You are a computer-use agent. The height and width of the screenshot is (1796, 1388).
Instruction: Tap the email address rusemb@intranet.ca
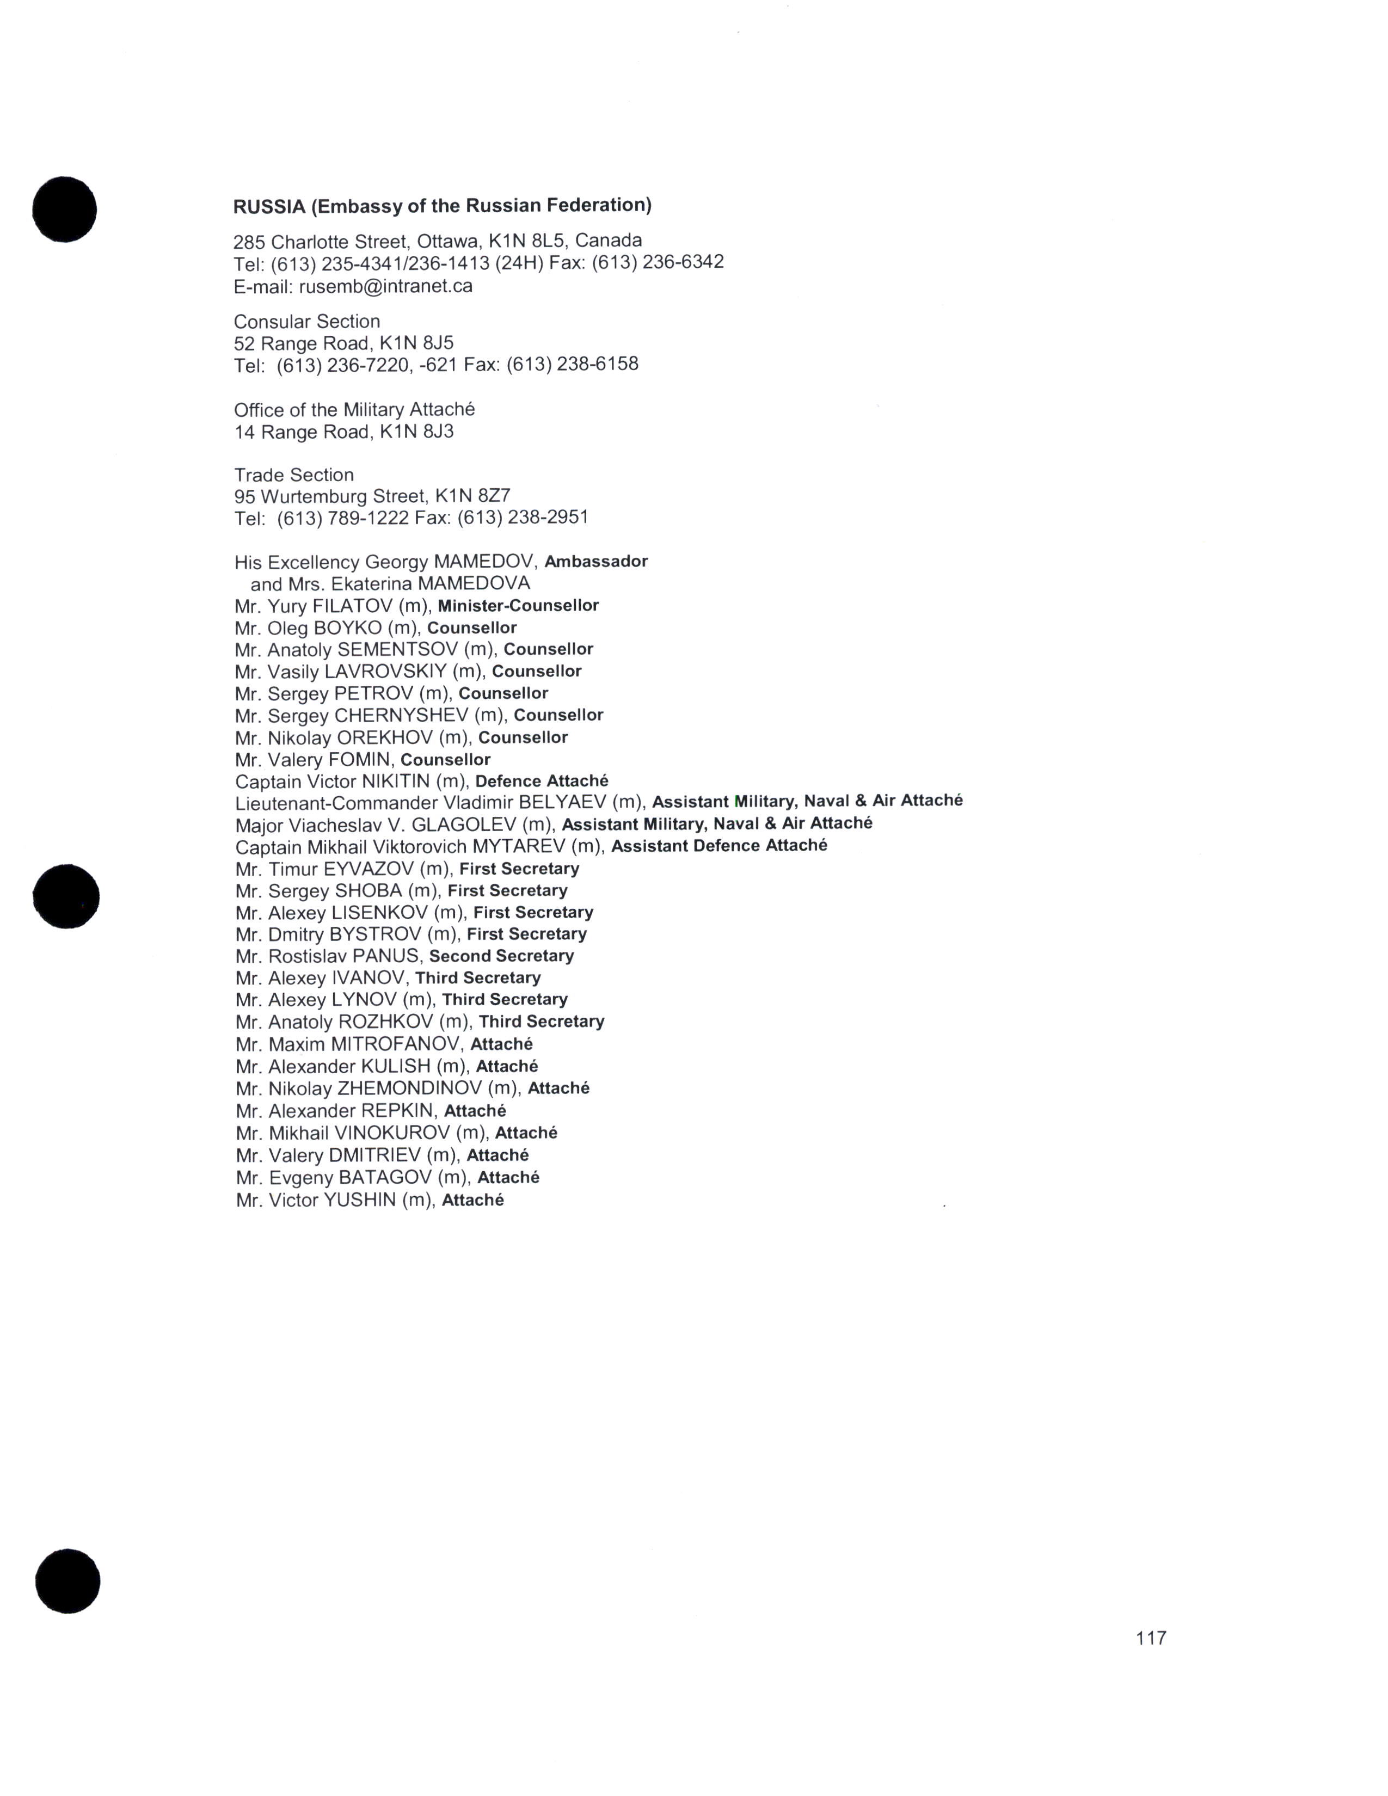coord(386,286)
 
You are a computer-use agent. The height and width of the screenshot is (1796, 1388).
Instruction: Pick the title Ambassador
coord(596,562)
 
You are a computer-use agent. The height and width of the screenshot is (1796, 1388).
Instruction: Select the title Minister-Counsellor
coord(518,606)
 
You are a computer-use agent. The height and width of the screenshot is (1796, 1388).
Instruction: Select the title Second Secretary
coord(502,956)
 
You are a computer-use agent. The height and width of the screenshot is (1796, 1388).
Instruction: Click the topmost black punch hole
coord(64,209)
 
